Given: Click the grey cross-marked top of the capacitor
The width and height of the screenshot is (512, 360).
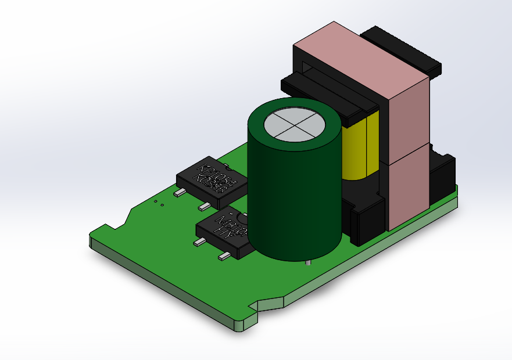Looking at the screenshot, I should pos(294,125).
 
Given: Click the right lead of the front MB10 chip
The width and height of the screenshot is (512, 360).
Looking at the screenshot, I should pos(224,256).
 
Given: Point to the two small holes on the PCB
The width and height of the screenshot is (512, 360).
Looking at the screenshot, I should pos(159,203).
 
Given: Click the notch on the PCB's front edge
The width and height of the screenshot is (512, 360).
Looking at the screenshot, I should pos(256,305).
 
